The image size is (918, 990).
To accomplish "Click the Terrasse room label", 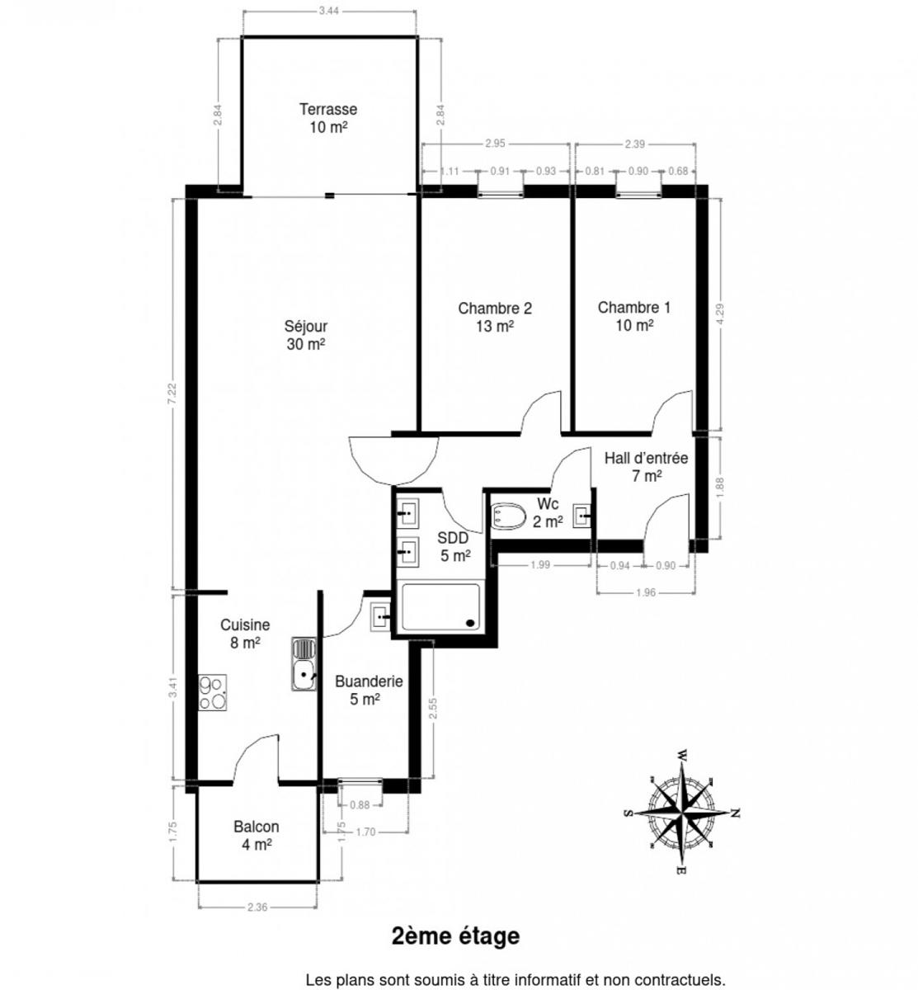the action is (328, 118).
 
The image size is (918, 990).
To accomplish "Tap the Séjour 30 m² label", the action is (305, 335).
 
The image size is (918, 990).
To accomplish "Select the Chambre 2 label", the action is (495, 317).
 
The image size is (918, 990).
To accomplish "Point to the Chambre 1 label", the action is (634, 316).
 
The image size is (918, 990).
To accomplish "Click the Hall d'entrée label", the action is (647, 467).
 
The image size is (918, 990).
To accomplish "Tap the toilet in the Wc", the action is (508, 516).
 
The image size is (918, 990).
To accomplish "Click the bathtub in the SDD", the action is (440, 606).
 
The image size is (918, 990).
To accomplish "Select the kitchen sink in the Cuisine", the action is (304, 664).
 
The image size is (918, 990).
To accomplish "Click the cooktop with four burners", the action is (213, 692).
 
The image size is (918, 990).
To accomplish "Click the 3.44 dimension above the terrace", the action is (329, 11).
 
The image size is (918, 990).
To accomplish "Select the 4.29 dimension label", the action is (719, 314).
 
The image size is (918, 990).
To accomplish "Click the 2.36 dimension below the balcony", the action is (257, 907).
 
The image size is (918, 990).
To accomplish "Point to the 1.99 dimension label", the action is (540, 565).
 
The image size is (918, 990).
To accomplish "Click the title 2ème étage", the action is (455, 936).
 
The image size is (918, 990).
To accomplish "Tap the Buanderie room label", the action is (369, 691).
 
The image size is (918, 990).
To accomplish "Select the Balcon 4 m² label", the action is (257, 836).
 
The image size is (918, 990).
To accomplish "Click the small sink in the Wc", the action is (581, 516).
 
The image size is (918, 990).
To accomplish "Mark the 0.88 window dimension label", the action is (360, 804).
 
